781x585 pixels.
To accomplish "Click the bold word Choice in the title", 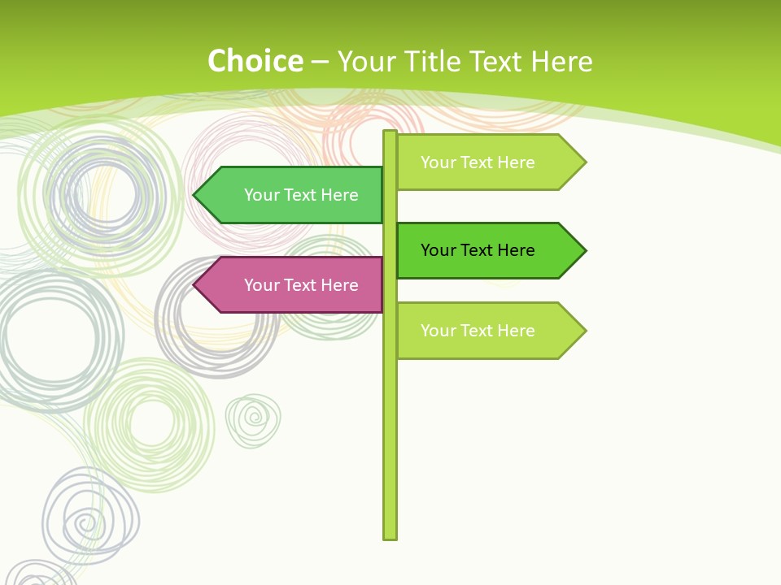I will [x=255, y=62].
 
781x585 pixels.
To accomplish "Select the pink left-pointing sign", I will [x=293, y=285].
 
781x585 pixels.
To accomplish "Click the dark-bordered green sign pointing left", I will [x=293, y=195].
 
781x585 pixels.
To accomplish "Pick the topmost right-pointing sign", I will [x=485, y=162].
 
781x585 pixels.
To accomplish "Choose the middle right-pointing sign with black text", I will [x=485, y=250].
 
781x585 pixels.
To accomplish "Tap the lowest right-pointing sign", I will [x=485, y=331].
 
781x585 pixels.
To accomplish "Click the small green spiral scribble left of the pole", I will [x=253, y=420].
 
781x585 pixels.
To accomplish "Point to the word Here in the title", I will [x=561, y=62].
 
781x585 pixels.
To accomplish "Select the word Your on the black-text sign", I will [x=438, y=250].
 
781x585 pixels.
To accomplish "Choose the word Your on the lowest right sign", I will [x=438, y=331].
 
